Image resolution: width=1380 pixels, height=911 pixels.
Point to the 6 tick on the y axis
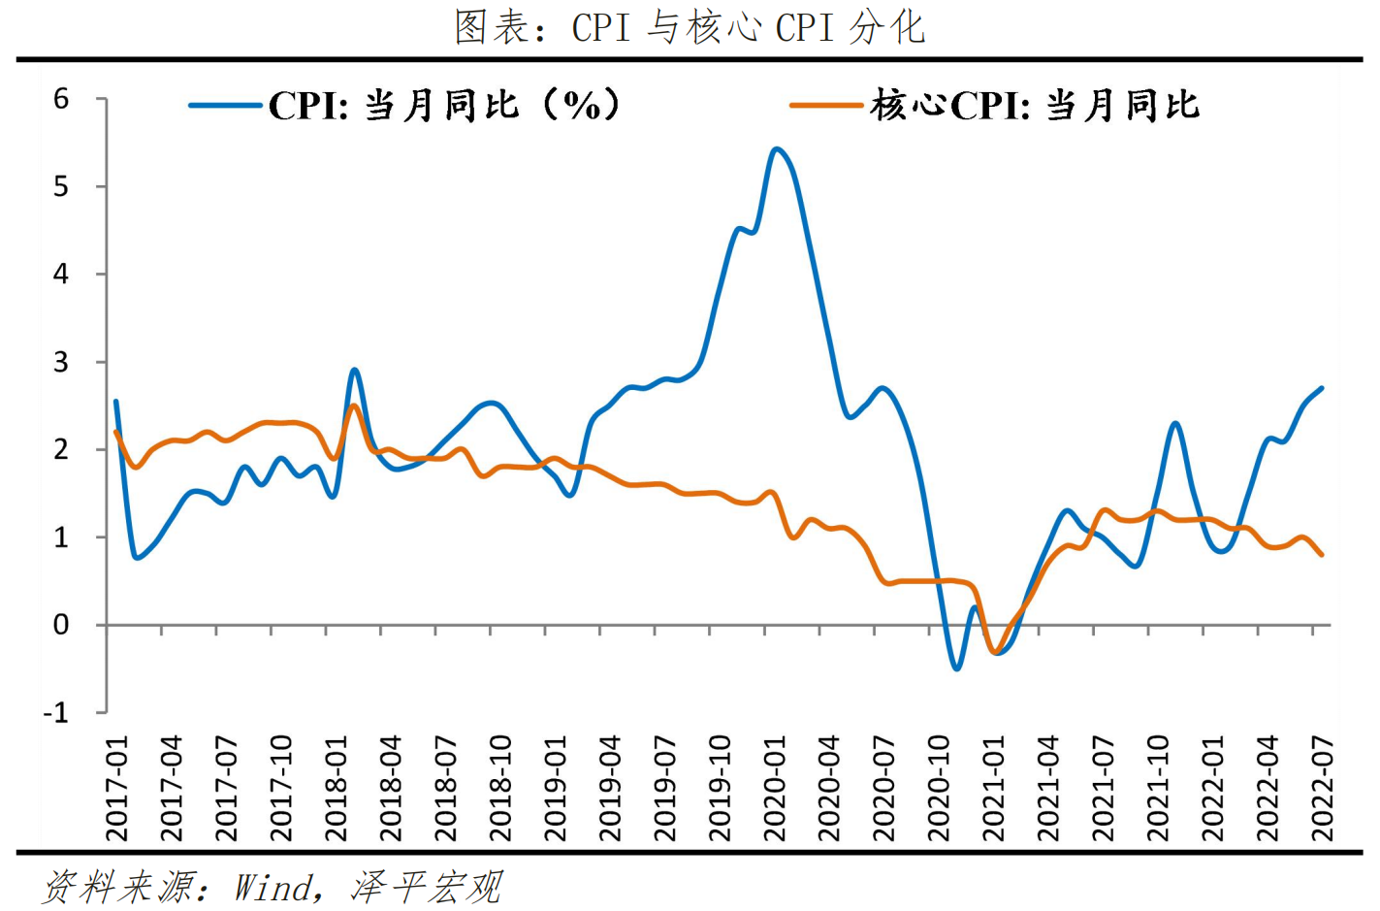click(x=61, y=99)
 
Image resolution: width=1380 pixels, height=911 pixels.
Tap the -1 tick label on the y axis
click(x=56, y=713)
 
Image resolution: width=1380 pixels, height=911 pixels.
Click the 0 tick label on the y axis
click(x=61, y=625)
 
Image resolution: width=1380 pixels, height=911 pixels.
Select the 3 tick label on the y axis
click(x=61, y=362)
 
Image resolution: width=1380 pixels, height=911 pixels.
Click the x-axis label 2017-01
click(x=117, y=788)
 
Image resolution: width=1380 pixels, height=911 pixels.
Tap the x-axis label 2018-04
click(x=391, y=788)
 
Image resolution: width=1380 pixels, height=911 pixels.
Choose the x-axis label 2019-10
click(x=720, y=788)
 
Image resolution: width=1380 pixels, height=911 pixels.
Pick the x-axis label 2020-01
click(x=775, y=788)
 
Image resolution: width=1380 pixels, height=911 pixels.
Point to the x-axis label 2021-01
click(x=994, y=788)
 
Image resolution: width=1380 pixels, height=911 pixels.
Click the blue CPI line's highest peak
click(x=776, y=148)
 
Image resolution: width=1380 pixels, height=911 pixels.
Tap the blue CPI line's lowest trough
click(x=956, y=668)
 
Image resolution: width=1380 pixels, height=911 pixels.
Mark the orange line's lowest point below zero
click(x=994, y=653)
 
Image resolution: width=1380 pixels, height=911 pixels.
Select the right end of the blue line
click(x=1322, y=388)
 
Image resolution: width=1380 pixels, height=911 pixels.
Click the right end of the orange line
click(x=1322, y=555)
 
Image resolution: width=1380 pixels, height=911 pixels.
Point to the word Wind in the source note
click(x=274, y=887)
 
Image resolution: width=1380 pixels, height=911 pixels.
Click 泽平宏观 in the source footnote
click(x=427, y=887)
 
